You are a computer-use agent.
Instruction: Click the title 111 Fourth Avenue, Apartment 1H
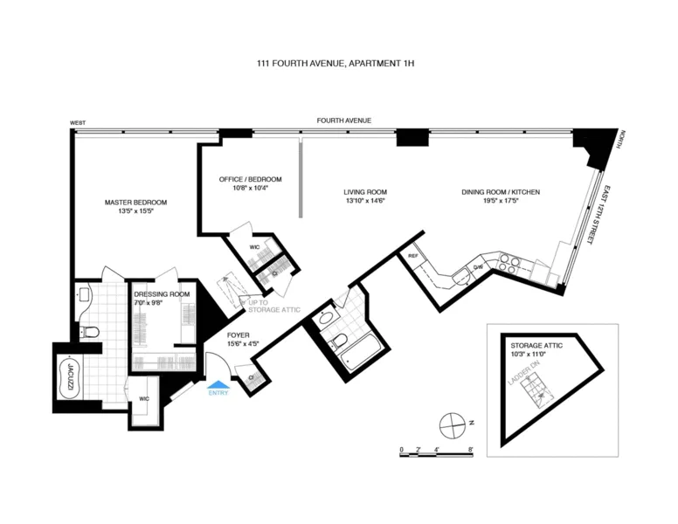pos(338,63)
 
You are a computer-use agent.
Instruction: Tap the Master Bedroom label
pos(135,203)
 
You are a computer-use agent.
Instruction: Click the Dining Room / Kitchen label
pos(490,192)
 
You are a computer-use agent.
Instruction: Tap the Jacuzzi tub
pos(68,378)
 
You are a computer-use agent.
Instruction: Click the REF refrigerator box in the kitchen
pos(413,256)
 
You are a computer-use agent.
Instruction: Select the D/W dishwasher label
pos(479,267)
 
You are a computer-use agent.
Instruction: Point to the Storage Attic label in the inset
pos(536,346)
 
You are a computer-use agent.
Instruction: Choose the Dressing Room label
pos(162,294)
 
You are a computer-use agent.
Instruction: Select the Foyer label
pos(239,334)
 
